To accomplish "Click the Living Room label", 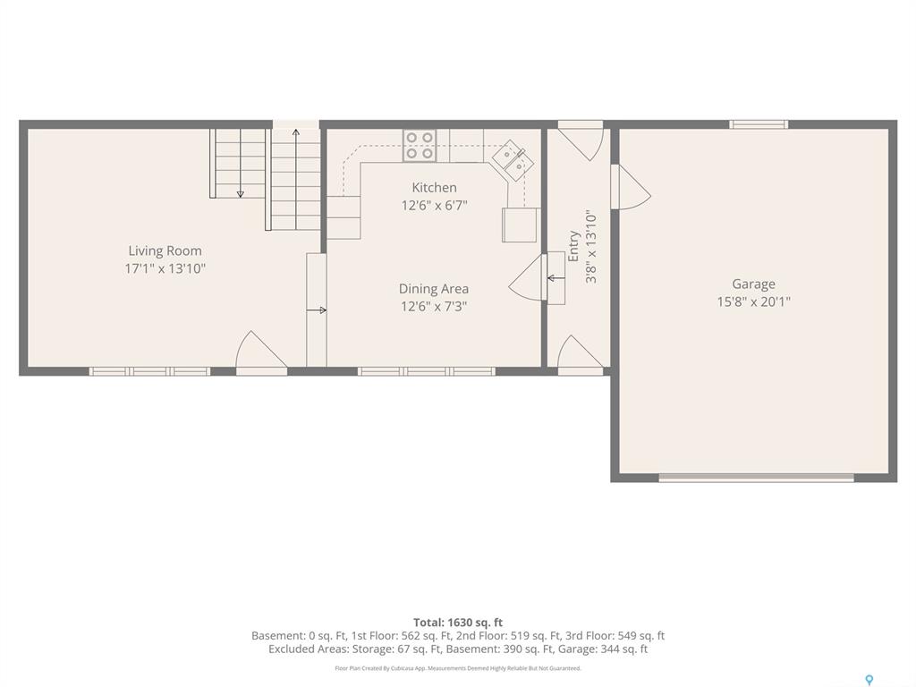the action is pyautogui.click(x=165, y=250).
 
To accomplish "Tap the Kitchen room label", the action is pyautogui.click(x=434, y=188).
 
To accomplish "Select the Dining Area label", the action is pyautogui.click(x=434, y=289).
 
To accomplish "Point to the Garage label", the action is pyautogui.click(x=753, y=284).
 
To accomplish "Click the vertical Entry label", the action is pyautogui.click(x=573, y=246).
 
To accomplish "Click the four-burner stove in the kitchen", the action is pyautogui.click(x=420, y=146).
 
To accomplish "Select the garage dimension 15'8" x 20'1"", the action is pyautogui.click(x=753, y=301).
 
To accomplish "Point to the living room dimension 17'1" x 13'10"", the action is pyautogui.click(x=165, y=268).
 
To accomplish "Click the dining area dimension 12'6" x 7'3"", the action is pyautogui.click(x=434, y=306).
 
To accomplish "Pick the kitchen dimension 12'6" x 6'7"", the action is pyautogui.click(x=434, y=206).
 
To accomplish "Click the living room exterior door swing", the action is pyautogui.click(x=261, y=351).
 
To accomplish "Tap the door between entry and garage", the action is pyautogui.click(x=631, y=186).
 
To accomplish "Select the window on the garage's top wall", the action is pyautogui.click(x=759, y=123).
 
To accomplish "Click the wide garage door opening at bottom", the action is pyautogui.click(x=756, y=478).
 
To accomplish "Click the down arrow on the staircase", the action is pyautogui.click(x=240, y=163).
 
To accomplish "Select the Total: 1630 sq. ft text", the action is pyautogui.click(x=458, y=623).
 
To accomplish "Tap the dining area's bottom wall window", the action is pyautogui.click(x=427, y=371).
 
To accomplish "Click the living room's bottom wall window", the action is pyautogui.click(x=149, y=371).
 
